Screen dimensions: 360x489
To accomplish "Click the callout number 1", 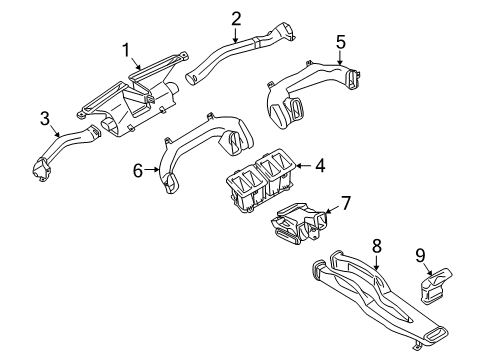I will (127, 49).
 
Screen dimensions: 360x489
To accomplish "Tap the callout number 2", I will (236, 18).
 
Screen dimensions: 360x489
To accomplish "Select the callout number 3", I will (45, 120).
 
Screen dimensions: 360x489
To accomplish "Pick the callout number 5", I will (340, 42).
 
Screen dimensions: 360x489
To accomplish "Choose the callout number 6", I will (139, 172).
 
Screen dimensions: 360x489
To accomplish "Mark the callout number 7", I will (346, 203).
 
